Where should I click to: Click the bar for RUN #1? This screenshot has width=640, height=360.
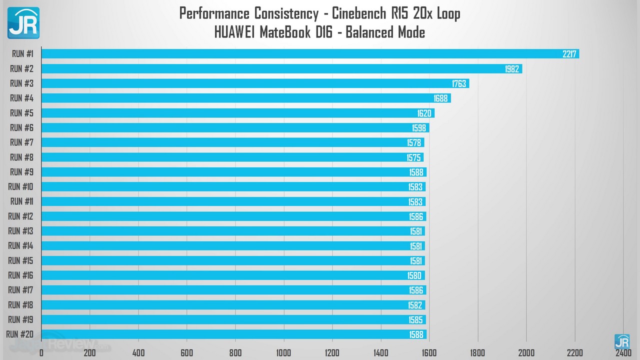click(x=310, y=53)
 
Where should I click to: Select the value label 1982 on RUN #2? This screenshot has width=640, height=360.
click(x=512, y=69)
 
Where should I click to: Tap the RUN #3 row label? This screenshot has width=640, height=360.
click(x=21, y=83)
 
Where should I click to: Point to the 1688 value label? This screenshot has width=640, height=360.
click(x=440, y=98)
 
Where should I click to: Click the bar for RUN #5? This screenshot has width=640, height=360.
click(x=237, y=113)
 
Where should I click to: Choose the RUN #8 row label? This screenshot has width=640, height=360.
click(x=21, y=157)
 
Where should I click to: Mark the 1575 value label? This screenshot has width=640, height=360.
click(x=414, y=157)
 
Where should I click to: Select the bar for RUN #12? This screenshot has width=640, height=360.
click(x=233, y=216)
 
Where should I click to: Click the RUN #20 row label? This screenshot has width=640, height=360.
click(x=20, y=334)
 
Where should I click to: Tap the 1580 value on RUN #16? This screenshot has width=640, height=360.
click(x=415, y=275)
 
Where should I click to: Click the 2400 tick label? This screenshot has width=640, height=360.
click(x=623, y=353)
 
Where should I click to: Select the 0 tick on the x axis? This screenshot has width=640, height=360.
click(x=41, y=353)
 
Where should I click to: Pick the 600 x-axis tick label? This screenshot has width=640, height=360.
click(x=187, y=353)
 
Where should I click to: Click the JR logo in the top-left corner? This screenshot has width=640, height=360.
click(x=23, y=23)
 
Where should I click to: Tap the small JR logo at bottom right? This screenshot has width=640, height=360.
click(x=622, y=341)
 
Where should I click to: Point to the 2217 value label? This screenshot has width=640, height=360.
click(x=569, y=54)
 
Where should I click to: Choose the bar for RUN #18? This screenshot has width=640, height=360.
click(x=233, y=305)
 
